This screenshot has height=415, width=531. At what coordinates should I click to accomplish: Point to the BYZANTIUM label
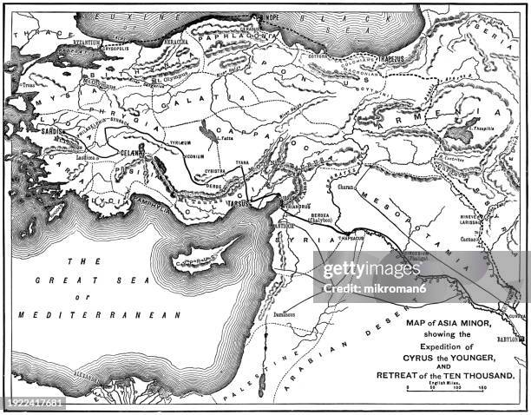87,41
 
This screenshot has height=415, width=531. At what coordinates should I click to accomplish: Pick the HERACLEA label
180,41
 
